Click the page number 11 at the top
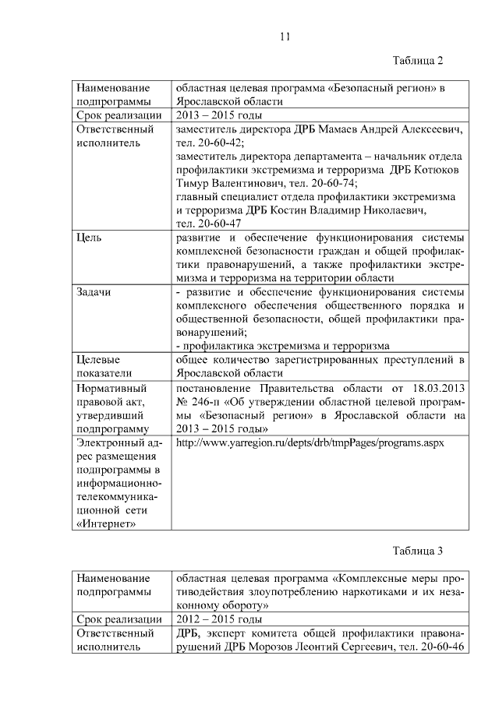pyautogui.click(x=285, y=36)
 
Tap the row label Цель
pyautogui.click(x=89, y=236)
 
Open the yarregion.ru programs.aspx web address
pyautogui.click(x=310, y=442)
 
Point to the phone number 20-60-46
pyautogui.click(x=440, y=647)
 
